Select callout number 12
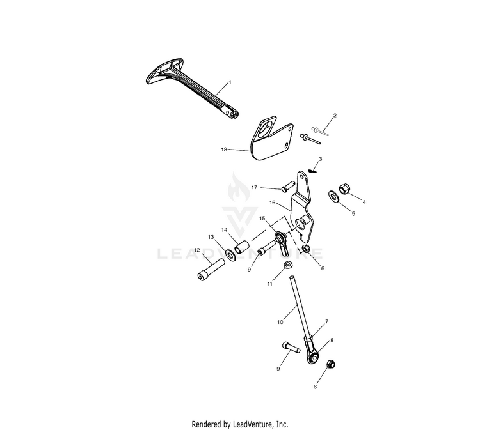coord(197,250)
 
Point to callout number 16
coord(271,203)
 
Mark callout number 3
coord(321,158)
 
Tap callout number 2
coord(335,116)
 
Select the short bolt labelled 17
coord(287,187)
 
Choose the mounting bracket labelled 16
coord(304,204)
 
